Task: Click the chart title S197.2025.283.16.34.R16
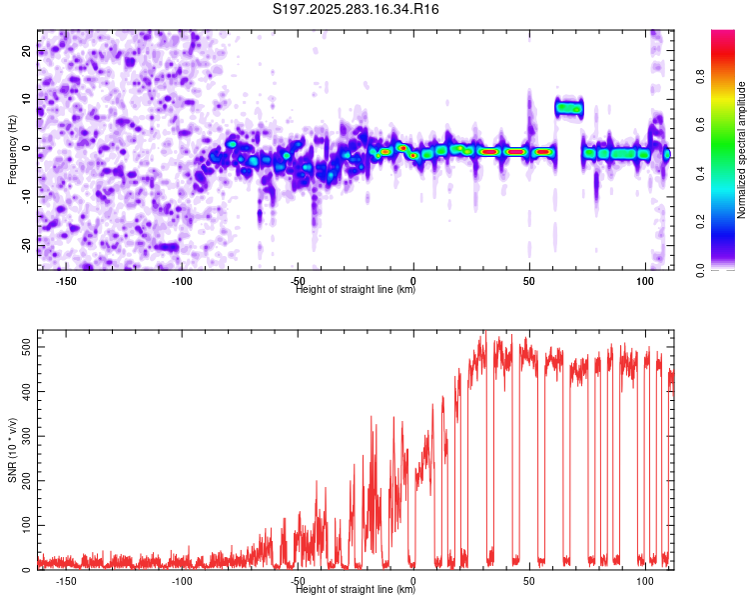[357, 10]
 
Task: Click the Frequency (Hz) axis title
[12, 150]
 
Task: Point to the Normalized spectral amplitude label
[742, 150]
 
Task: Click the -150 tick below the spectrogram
[67, 281]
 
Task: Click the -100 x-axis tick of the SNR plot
[182, 581]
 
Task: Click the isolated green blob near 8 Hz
[568, 107]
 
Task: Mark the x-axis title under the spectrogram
[356, 290]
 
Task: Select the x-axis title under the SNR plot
[356, 590]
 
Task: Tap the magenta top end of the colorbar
[724, 35]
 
